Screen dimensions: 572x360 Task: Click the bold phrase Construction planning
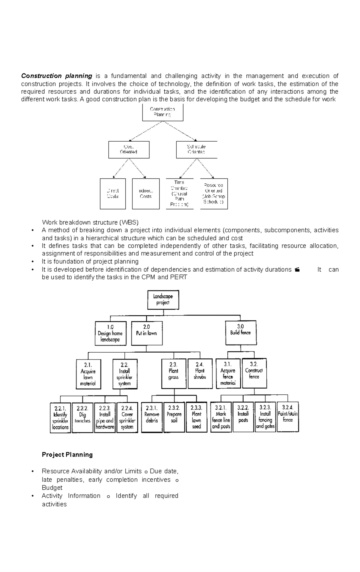[x=56, y=76]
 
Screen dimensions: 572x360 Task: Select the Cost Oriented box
[x=129, y=149]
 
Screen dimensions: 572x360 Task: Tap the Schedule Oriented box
[x=196, y=149]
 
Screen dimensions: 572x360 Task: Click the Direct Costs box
[x=113, y=194]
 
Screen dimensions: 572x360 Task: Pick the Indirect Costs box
[x=145, y=194]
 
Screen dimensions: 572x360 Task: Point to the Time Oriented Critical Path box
[x=179, y=194]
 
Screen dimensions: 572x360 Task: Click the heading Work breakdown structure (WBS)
[x=90, y=222]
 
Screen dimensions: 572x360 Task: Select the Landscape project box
[x=163, y=300]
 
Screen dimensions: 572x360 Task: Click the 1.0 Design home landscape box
[x=110, y=333]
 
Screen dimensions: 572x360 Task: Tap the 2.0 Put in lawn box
[x=146, y=333]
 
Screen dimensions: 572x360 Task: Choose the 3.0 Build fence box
[x=241, y=333]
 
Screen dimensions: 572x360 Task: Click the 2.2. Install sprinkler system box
[x=125, y=374]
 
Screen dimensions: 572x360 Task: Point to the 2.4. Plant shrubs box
[x=200, y=373]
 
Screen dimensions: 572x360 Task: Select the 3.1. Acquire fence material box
[x=228, y=373]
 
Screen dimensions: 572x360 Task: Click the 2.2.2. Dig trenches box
[x=82, y=417]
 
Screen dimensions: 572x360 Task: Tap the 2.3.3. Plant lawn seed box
[x=196, y=417]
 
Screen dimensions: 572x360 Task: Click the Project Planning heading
[x=67, y=455]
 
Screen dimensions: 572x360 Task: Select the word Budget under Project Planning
[x=52, y=488]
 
